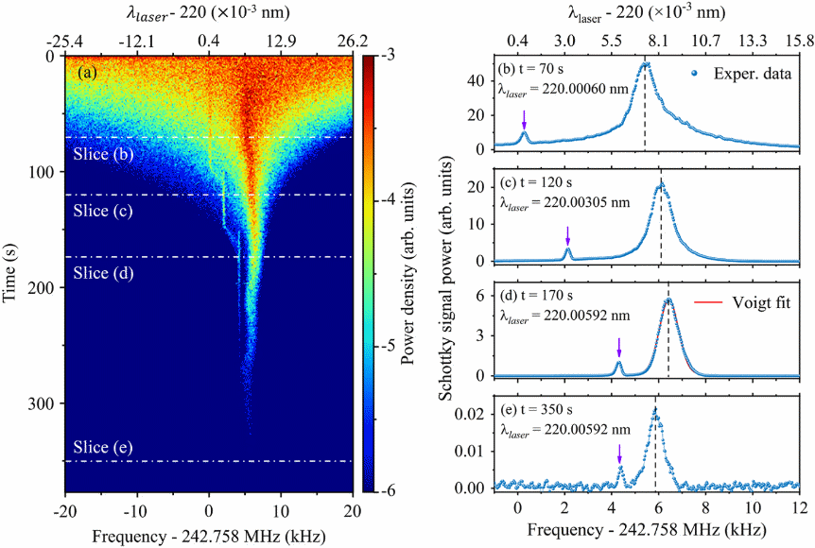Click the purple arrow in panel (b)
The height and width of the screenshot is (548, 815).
(524, 117)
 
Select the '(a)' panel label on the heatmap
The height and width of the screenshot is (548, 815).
(89, 72)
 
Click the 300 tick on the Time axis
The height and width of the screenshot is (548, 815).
(44, 403)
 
